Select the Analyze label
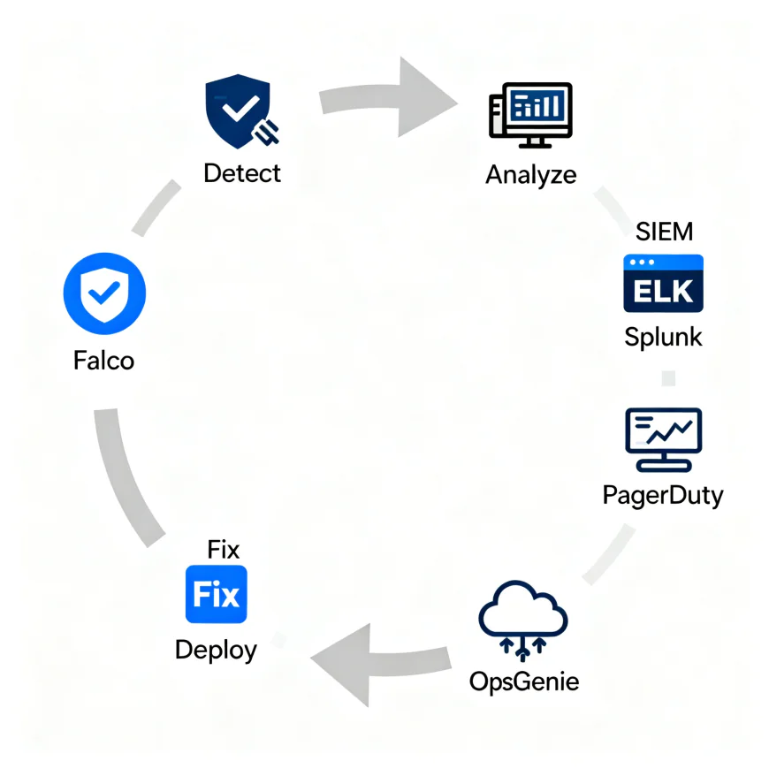(530, 173)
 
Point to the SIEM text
(665, 232)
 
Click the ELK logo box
(663, 283)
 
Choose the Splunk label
(663, 337)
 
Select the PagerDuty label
(663, 494)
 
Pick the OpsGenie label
(523, 681)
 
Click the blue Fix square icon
(217, 595)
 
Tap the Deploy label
(217, 650)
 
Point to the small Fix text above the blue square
(224, 549)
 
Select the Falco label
(105, 360)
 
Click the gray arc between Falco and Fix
(124, 477)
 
